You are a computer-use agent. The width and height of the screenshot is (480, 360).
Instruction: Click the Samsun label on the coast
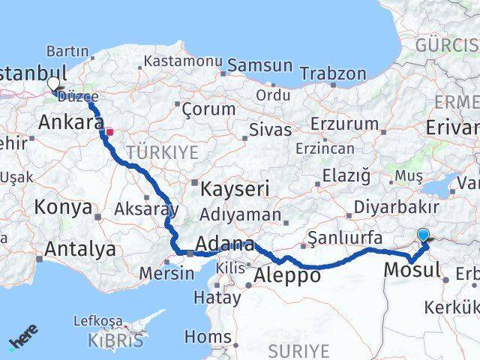[x=259, y=65]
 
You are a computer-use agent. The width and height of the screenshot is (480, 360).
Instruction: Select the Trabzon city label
[x=332, y=73]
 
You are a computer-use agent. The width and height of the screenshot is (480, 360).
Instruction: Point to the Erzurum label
[x=344, y=124]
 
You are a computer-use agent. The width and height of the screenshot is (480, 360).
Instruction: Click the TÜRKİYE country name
[x=162, y=153]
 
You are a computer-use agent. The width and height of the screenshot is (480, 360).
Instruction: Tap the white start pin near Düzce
[x=53, y=85]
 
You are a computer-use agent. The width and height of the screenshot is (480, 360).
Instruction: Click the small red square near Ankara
[x=109, y=132]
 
